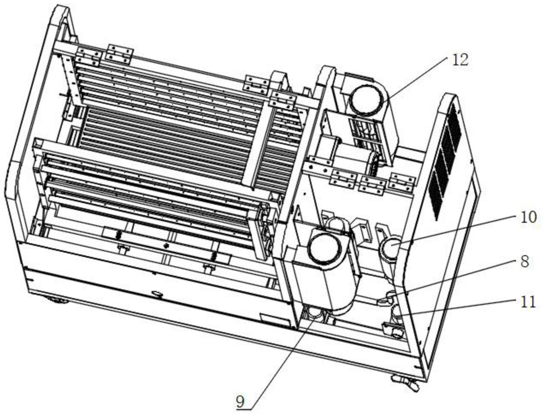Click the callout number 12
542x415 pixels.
point(460,60)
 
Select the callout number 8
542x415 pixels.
point(524,262)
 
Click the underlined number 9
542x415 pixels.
point(240,403)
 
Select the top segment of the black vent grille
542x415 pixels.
point(454,126)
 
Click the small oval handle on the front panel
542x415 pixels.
point(157,294)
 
